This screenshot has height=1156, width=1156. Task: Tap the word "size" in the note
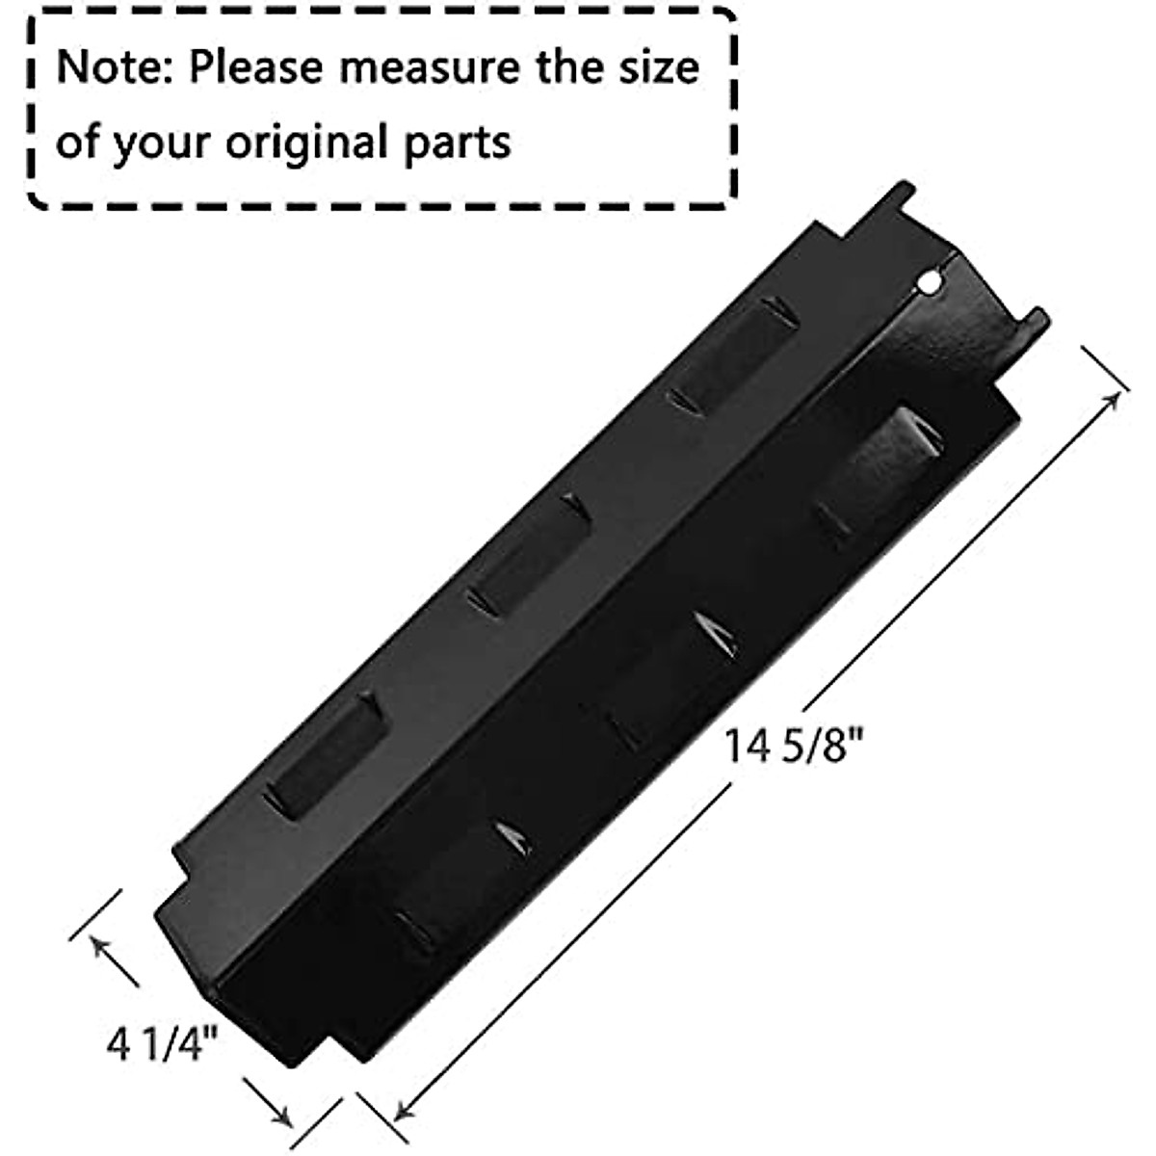point(660,68)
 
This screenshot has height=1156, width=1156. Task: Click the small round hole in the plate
point(930,282)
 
